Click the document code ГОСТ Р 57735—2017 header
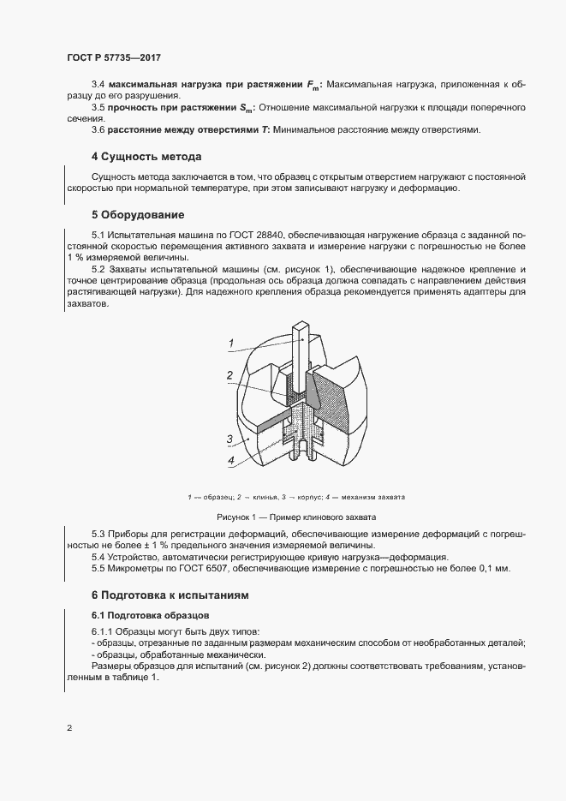[113, 57]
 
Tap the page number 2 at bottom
[69, 728]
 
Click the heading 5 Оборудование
[138, 213]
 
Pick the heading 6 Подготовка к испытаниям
[170, 595]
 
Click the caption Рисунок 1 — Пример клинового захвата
[296, 517]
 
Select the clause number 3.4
[98, 85]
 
